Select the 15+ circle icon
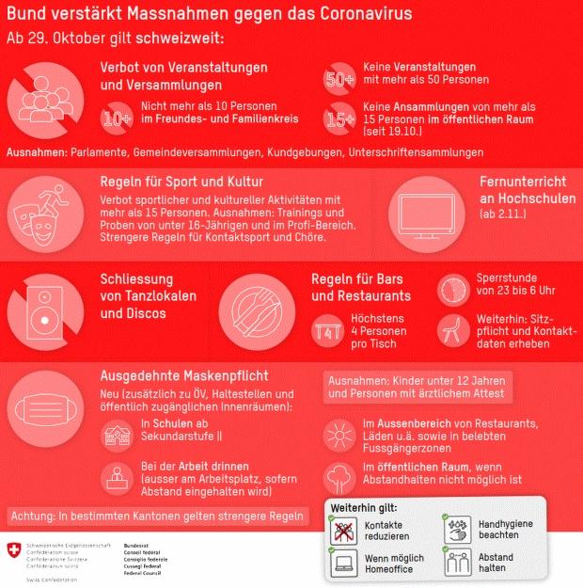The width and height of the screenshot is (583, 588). point(339,119)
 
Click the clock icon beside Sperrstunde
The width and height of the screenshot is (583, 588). point(454,286)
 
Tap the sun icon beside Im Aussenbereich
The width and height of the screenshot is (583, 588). point(339,435)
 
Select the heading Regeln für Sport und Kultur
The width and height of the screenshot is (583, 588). point(181,181)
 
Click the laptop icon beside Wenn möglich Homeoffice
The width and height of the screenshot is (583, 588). point(344,564)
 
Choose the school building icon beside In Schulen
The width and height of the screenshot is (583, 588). point(118,435)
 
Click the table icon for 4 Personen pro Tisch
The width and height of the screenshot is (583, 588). point(328,330)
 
